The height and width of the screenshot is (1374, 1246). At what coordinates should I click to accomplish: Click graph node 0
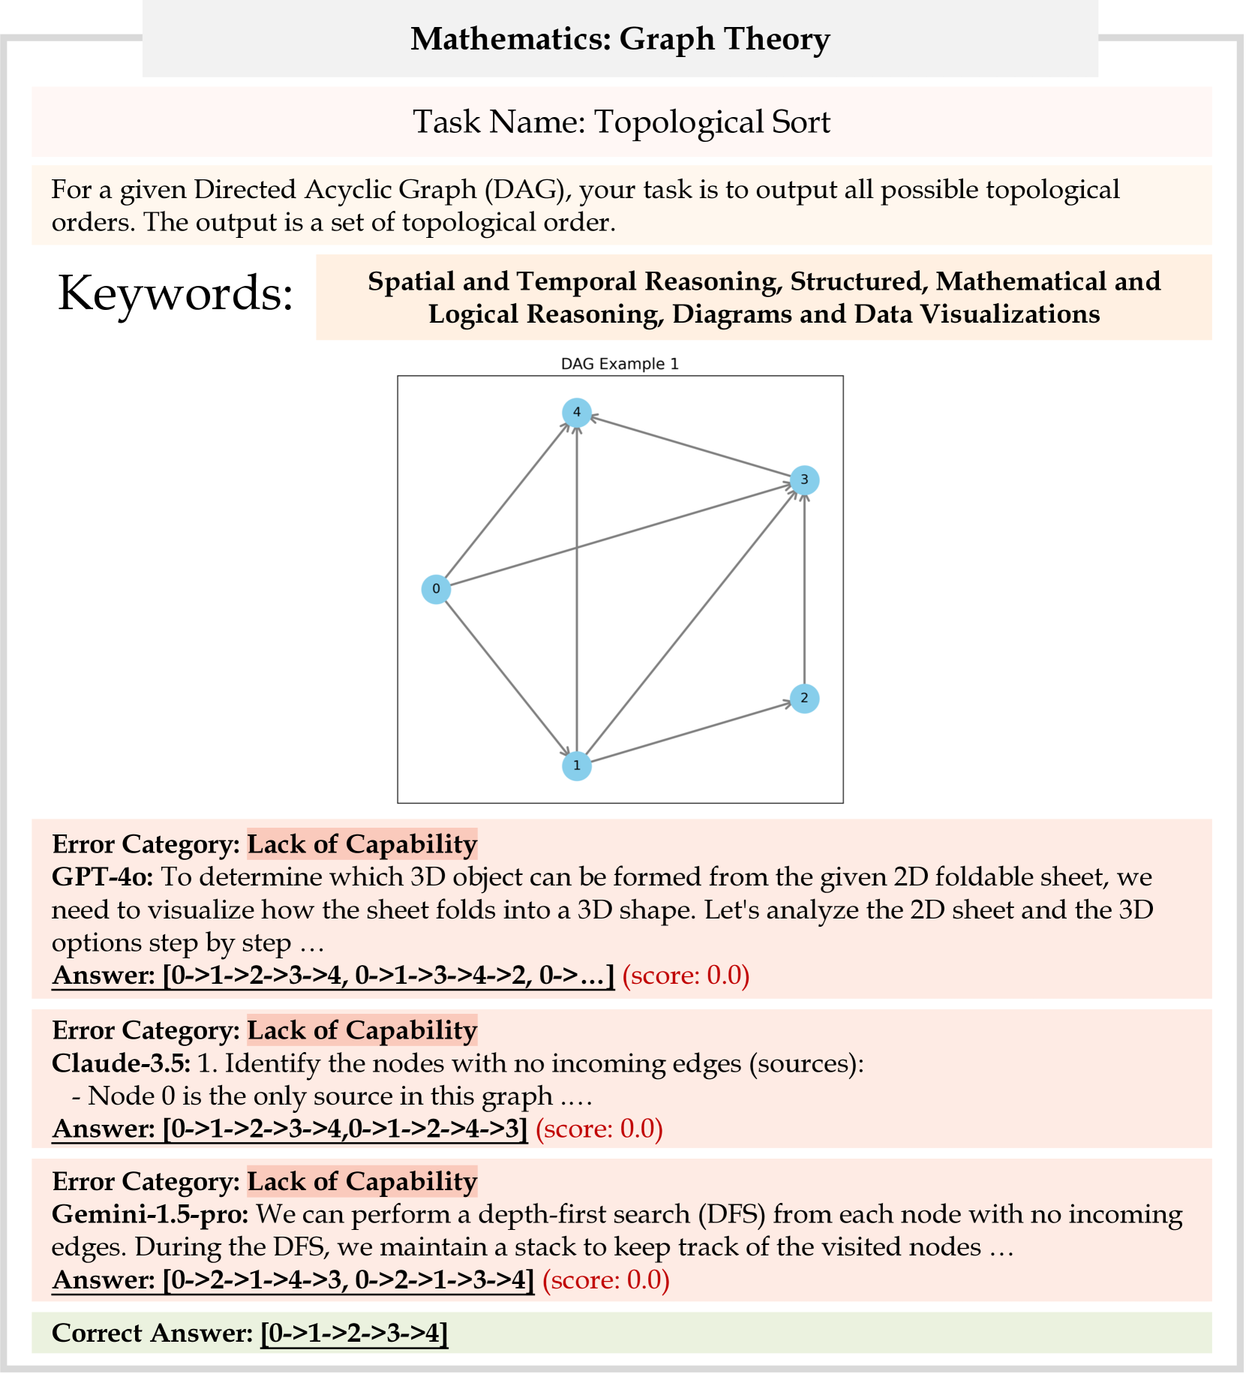(x=436, y=589)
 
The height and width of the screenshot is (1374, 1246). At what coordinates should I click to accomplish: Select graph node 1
(x=576, y=765)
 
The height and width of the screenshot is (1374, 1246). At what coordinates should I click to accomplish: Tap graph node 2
(x=804, y=699)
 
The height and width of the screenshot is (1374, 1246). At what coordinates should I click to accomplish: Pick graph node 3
(x=804, y=480)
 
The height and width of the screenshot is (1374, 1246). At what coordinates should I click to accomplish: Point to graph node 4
(x=576, y=412)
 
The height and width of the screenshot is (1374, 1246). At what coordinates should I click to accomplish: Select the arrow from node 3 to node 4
(x=690, y=446)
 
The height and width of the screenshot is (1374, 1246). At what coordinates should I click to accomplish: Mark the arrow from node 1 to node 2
(x=690, y=732)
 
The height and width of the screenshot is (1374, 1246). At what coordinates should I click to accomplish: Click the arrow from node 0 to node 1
(x=506, y=678)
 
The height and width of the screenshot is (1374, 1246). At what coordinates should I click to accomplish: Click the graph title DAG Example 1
(x=620, y=364)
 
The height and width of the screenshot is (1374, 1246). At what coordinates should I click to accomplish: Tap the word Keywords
(x=176, y=293)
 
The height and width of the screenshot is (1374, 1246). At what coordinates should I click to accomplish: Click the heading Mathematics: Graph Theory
(x=620, y=39)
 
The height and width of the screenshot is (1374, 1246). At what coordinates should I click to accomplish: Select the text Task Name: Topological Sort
(x=621, y=122)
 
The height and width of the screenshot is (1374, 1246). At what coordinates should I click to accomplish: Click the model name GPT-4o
(x=102, y=876)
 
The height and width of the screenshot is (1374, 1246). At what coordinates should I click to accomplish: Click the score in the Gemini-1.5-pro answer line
(x=605, y=1279)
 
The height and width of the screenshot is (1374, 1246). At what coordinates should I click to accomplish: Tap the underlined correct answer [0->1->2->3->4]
(x=354, y=1333)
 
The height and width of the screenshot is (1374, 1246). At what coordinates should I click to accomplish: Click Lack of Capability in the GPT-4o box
(x=362, y=844)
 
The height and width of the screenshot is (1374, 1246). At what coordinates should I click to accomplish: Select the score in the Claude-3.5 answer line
(x=599, y=1129)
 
